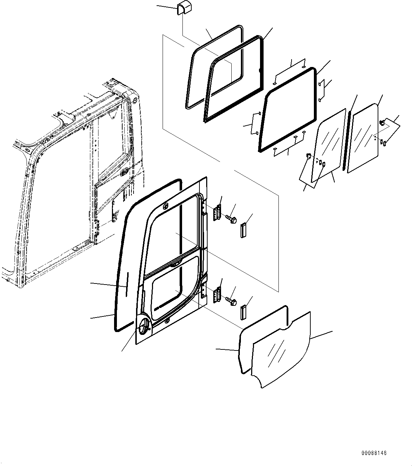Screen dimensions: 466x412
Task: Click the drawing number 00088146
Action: click(374, 453)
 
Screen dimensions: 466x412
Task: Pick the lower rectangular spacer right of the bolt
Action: click(243, 312)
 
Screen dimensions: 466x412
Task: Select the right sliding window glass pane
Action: click(363, 138)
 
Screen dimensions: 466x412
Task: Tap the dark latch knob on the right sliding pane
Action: click(382, 123)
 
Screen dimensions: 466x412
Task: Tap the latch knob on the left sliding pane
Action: click(308, 156)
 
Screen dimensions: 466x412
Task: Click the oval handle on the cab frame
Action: click(125, 173)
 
